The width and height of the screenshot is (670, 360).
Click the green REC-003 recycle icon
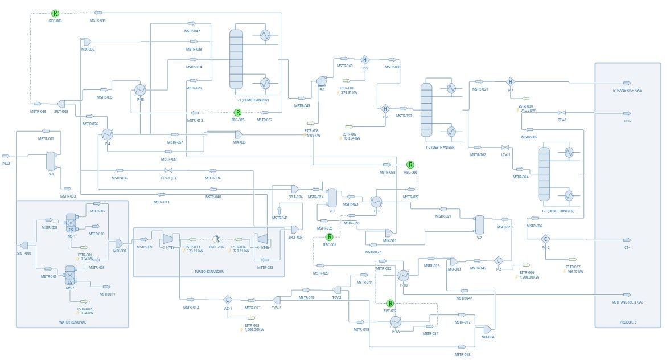pyautogui.click(x=55, y=13)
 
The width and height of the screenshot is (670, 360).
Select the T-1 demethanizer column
pyautogui.click(x=236, y=57)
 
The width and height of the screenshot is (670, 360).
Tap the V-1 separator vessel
pyautogui.click(x=51, y=161)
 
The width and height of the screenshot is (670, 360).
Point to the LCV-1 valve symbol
pyautogui.click(x=504, y=148)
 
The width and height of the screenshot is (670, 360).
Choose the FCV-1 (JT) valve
pyautogui.click(x=167, y=170)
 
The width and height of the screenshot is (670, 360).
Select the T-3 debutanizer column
pyautogui.click(x=545, y=174)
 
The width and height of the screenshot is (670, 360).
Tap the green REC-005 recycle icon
pyautogui.click(x=238, y=113)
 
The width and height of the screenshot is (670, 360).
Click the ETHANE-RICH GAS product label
pyautogui.click(x=627, y=91)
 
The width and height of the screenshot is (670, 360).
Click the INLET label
pyautogui.click(x=6, y=163)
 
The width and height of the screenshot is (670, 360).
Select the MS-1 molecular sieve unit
pyautogui.click(x=72, y=222)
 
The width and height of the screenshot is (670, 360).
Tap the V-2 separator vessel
pyautogui.click(x=479, y=224)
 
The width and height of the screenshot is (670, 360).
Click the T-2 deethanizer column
pyautogui.click(x=426, y=109)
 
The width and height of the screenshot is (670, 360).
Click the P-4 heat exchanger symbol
pyautogui.click(x=107, y=134)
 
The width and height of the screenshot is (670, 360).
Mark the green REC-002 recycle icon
pyautogui.click(x=391, y=304)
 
